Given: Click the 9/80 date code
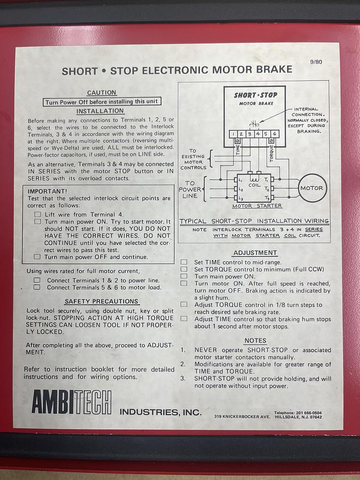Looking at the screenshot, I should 316,62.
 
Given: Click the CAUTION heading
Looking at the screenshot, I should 101,92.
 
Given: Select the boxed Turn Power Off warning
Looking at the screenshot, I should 101,102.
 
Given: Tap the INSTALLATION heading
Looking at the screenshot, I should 100,111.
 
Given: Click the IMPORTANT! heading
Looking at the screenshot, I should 48,190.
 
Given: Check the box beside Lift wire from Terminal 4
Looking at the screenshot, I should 38,214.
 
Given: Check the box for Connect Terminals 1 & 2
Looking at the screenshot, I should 37,280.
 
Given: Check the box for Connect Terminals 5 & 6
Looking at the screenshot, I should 37,287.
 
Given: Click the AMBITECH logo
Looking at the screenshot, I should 71,402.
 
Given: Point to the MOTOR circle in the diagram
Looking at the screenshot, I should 311,188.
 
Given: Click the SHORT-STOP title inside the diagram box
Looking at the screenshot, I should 254,95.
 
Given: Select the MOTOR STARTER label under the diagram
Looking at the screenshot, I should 257,206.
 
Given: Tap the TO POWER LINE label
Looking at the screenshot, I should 189,189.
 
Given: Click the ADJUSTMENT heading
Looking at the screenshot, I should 255,253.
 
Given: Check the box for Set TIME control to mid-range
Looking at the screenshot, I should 184,262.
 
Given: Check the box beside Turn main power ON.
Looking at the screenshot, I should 184,276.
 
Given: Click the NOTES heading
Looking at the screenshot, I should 255,340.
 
